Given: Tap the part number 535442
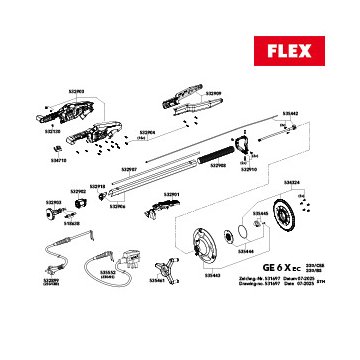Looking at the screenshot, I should (x=290, y=114).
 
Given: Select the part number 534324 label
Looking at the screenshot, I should (x=291, y=182).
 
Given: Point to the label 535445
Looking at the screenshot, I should (x=259, y=213).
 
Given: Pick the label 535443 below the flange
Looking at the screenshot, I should (x=212, y=276).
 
